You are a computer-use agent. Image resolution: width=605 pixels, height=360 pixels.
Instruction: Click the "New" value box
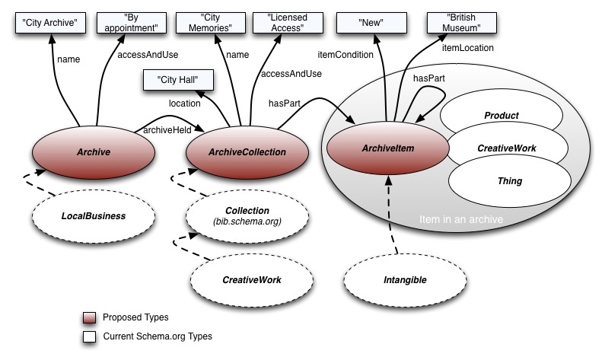(371, 23)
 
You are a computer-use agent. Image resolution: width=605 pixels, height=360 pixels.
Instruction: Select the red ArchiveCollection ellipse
(247, 151)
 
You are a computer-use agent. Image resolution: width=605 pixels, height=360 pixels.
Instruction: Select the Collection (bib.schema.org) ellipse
(247, 215)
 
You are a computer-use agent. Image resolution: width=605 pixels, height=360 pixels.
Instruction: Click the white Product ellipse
(502, 116)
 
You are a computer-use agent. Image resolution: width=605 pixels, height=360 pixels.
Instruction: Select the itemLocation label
(468, 48)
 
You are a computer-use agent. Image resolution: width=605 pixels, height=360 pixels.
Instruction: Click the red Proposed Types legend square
(91, 317)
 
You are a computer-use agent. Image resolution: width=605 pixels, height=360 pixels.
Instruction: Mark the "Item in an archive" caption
(460, 220)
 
